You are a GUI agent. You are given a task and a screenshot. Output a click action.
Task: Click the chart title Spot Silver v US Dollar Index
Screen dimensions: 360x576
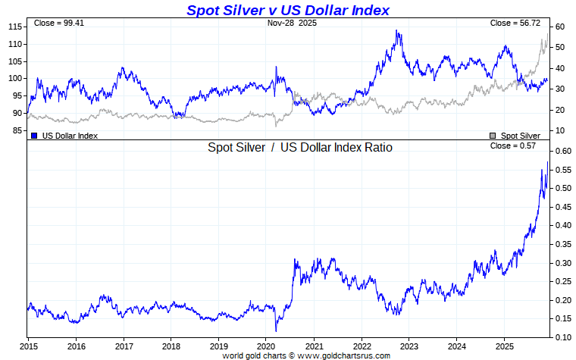coord(288,10)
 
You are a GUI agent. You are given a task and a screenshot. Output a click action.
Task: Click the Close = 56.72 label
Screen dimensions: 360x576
coord(512,23)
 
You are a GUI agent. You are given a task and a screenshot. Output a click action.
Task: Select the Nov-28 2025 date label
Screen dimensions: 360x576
coord(292,23)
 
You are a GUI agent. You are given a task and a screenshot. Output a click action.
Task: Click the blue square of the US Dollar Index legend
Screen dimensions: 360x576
coord(35,135)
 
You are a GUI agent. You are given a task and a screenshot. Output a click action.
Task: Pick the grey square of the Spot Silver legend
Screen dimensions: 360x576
coord(493,135)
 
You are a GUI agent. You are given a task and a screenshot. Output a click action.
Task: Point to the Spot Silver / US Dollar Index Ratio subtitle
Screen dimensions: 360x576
coord(300,147)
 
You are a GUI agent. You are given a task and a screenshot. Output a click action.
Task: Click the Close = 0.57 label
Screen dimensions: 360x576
coord(513,146)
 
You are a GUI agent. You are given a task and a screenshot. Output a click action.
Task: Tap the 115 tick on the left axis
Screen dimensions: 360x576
coord(14,27)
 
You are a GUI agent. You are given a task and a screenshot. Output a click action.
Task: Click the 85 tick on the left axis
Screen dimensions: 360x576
coord(17,130)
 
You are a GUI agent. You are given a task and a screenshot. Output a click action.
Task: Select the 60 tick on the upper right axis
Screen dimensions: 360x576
coord(559,27)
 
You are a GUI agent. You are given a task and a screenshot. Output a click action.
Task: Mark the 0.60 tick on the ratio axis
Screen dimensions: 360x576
coord(562,151)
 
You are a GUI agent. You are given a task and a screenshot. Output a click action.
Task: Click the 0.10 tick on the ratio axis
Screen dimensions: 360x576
coord(562,337)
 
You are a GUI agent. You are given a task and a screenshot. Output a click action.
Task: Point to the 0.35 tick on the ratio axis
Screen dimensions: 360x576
coord(562,244)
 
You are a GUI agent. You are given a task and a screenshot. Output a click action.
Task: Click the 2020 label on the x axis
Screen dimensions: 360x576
coord(266,346)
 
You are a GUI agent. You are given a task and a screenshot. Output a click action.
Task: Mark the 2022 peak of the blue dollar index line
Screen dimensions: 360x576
coord(397,31)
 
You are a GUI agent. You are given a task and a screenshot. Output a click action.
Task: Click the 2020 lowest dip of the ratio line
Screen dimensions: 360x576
coord(276,330)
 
